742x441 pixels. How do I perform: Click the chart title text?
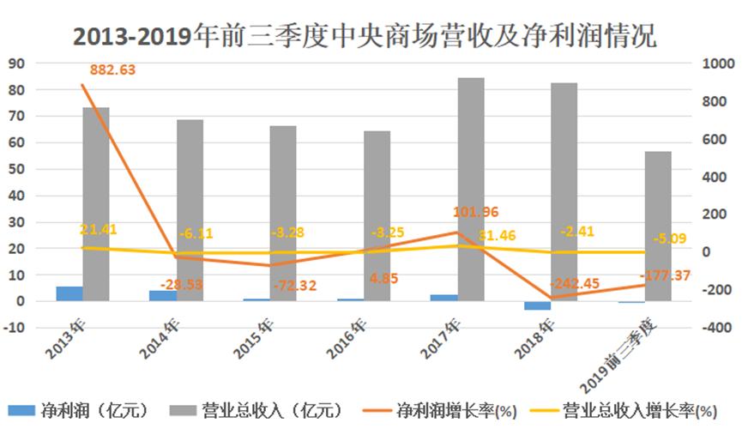(371, 36)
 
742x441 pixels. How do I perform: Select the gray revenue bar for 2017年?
(470, 189)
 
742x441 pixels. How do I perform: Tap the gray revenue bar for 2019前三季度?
(658, 227)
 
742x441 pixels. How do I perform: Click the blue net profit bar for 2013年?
(69, 293)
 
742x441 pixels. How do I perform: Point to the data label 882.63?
(112, 69)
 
